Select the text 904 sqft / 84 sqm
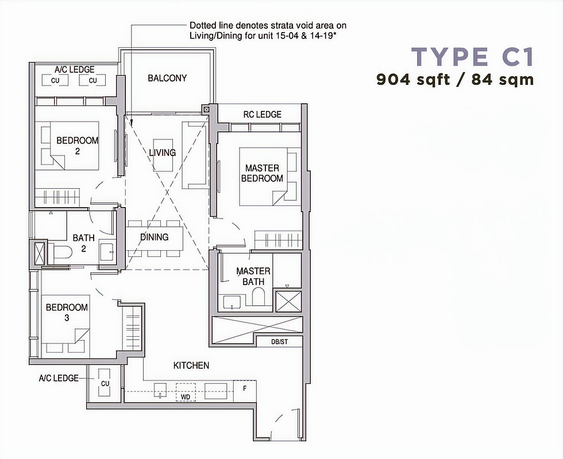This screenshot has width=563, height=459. click(455, 80)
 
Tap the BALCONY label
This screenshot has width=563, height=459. click(167, 78)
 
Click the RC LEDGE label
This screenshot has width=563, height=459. click(263, 114)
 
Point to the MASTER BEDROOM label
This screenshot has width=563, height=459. click(262, 173)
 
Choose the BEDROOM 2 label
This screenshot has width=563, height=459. click(77, 145)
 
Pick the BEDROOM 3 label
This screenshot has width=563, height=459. click(67, 312)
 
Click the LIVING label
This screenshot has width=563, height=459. click(162, 153)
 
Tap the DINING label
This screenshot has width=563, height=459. click(155, 237)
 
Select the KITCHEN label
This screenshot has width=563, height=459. click(191, 365)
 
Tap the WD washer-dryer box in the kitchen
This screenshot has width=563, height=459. click(185, 396)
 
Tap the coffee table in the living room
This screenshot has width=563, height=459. click(162, 154)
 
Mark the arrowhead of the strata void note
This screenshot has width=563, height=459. click(131, 123)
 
